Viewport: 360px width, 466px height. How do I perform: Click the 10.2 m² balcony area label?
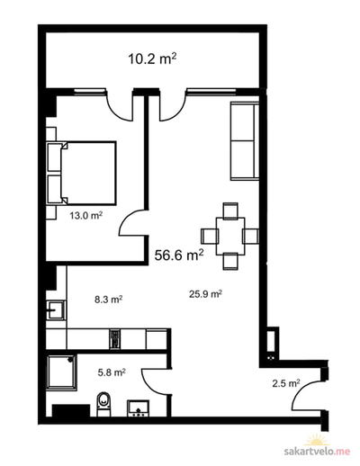click(x=152, y=58)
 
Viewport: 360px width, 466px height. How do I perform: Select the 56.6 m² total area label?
click(x=179, y=255)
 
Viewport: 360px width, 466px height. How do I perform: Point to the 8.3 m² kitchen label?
click(x=108, y=300)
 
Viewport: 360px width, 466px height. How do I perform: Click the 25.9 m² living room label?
click(x=205, y=294)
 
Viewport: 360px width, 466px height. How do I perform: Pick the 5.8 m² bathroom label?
click(x=112, y=372)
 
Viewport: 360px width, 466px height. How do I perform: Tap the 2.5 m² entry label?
click(x=286, y=383)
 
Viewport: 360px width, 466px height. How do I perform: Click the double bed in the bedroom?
click(x=81, y=174)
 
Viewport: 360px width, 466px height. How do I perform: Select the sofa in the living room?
click(x=245, y=141)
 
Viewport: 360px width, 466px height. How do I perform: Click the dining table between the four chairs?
click(x=230, y=237)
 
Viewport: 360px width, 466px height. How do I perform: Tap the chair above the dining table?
click(x=230, y=211)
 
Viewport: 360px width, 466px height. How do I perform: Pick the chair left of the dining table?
click(x=210, y=237)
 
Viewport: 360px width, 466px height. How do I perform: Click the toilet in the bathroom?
click(x=104, y=404)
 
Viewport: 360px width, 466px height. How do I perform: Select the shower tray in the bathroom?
click(x=62, y=372)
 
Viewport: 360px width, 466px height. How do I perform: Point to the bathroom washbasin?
click(x=139, y=408)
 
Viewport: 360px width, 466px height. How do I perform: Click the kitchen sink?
click(x=56, y=309)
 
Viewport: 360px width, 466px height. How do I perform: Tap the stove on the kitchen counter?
click(x=115, y=339)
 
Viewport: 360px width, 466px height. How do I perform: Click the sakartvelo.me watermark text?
click(x=317, y=452)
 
